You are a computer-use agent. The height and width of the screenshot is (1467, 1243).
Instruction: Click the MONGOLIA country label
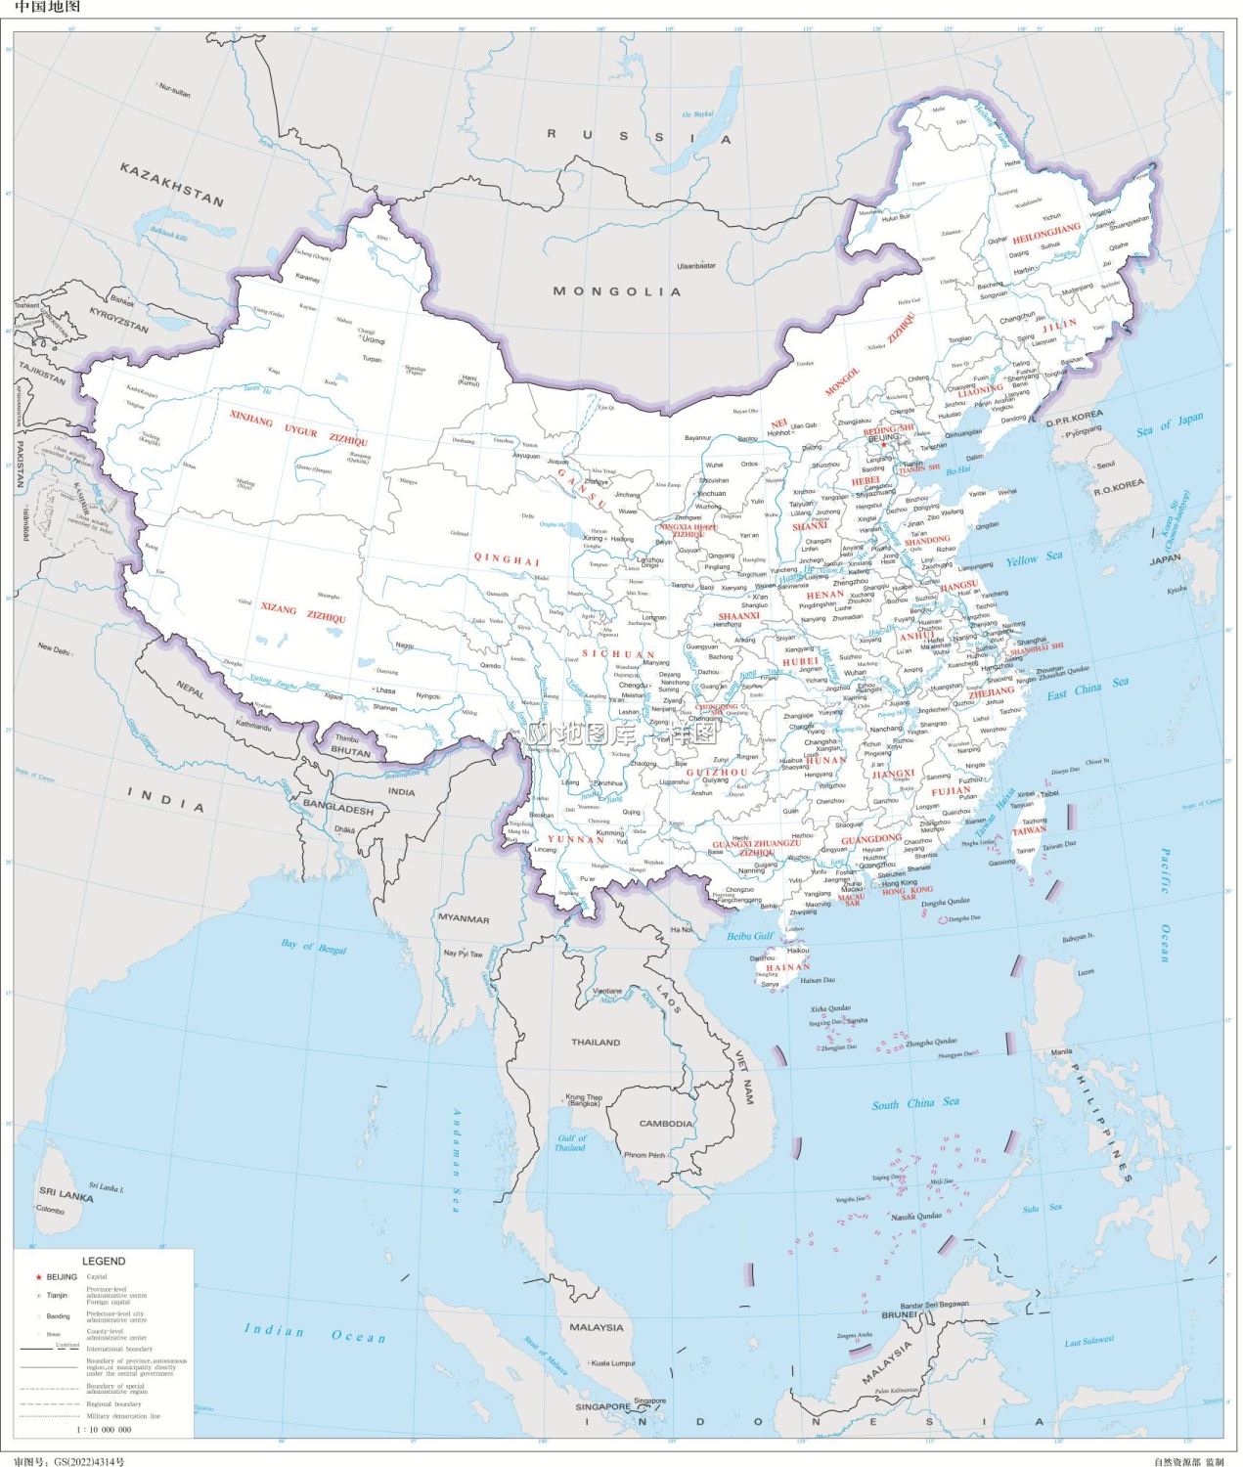click(x=616, y=291)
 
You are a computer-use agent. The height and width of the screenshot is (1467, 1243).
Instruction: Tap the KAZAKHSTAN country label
click(x=172, y=184)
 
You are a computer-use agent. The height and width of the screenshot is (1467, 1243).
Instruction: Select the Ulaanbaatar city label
click(x=696, y=266)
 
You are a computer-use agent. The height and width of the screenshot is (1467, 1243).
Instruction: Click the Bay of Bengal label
click(x=314, y=946)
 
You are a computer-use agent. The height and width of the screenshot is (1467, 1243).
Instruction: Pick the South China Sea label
click(x=915, y=1103)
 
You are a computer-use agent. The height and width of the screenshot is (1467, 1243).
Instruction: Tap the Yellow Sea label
click(x=1034, y=558)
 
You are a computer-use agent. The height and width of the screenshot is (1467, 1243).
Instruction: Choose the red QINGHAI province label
click(x=507, y=559)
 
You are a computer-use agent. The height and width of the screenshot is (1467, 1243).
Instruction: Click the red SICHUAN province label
click(x=618, y=654)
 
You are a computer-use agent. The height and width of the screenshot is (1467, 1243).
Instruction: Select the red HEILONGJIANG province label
click(x=1046, y=233)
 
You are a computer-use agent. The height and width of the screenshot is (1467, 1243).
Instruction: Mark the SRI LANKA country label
click(x=66, y=1194)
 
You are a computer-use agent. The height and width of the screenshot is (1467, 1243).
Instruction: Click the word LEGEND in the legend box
click(x=104, y=1261)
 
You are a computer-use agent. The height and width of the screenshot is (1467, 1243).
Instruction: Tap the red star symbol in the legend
click(x=38, y=1277)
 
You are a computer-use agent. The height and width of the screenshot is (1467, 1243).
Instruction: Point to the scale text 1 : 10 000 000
click(x=104, y=1429)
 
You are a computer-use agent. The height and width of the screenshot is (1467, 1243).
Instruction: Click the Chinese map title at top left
click(x=47, y=7)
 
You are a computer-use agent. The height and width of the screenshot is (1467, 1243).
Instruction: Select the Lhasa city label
click(x=385, y=690)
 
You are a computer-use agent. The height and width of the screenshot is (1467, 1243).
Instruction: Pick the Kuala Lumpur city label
click(x=613, y=1362)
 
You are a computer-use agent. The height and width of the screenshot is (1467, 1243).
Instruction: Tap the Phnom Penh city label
click(x=644, y=1155)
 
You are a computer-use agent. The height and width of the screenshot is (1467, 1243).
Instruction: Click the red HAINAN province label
click(x=787, y=967)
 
